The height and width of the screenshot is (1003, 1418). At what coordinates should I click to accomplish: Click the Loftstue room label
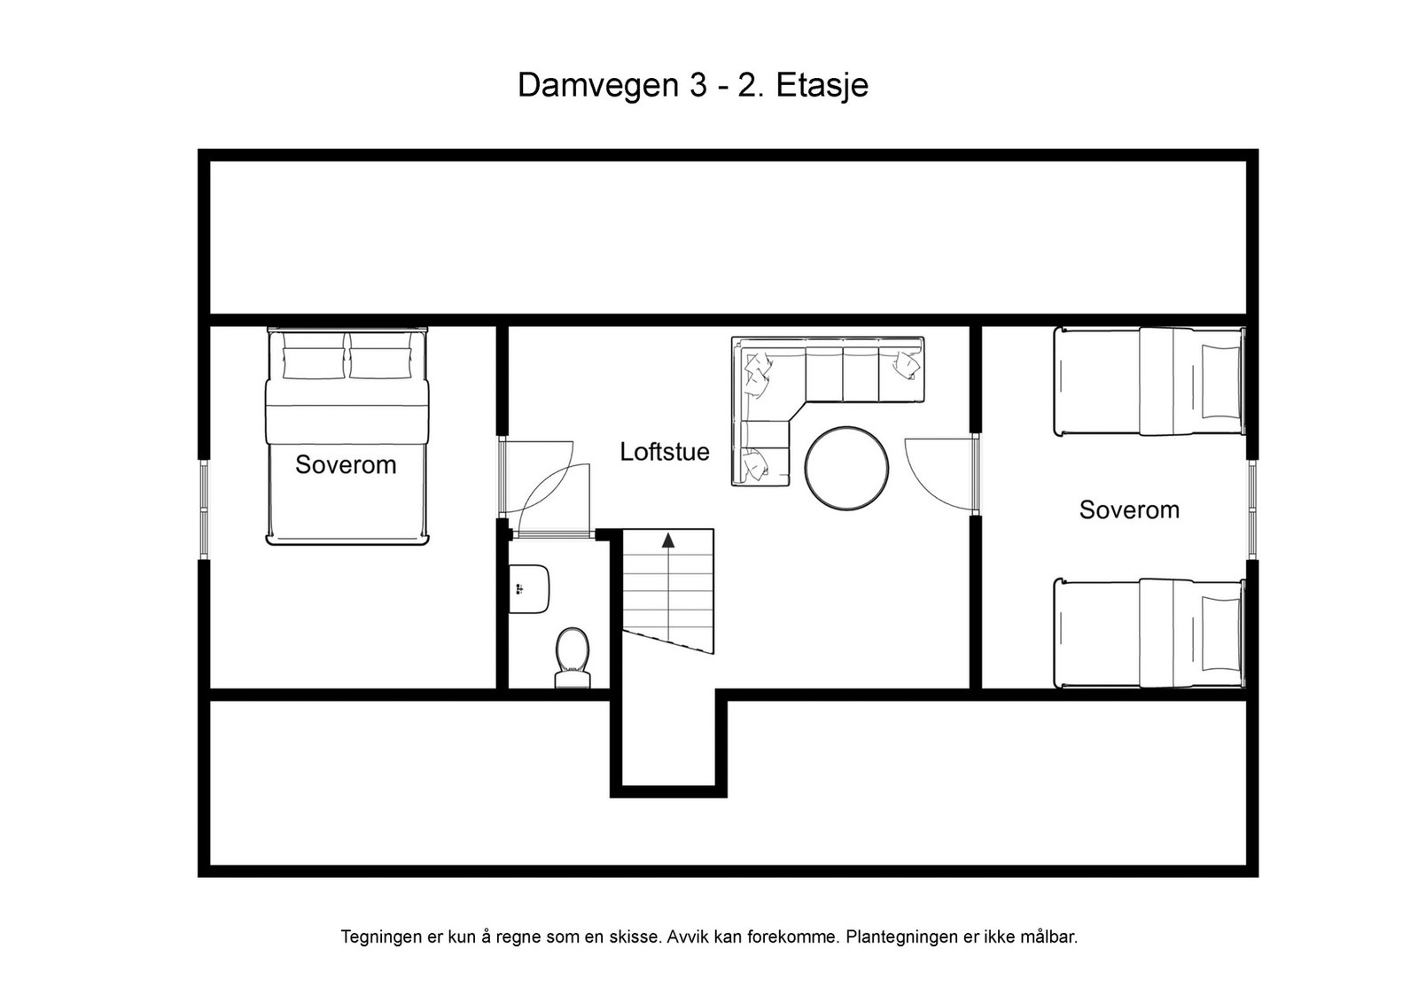click(664, 452)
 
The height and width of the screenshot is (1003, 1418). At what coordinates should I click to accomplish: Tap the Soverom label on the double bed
click(346, 465)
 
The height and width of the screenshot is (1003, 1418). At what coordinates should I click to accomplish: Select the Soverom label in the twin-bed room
click(1129, 510)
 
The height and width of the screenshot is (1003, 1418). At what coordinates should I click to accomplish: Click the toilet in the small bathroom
click(573, 657)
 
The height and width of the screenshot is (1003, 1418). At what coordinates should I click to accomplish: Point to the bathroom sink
click(529, 589)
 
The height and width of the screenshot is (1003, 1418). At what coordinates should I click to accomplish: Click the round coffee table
click(846, 469)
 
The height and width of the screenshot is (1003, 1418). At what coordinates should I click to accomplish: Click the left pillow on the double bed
click(314, 363)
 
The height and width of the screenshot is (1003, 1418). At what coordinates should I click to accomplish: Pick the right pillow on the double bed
click(380, 363)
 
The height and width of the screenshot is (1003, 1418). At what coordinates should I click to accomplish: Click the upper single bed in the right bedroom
click(1149, 381)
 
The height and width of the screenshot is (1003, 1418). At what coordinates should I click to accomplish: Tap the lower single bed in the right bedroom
click(1149, 633)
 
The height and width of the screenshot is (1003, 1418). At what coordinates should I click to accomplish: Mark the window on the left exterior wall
click(204, 509)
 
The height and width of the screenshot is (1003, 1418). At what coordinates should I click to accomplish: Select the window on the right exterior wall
click(1252, 509)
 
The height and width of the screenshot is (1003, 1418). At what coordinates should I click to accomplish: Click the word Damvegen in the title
click(598, 86)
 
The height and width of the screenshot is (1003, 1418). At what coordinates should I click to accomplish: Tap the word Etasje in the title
click(822, 86)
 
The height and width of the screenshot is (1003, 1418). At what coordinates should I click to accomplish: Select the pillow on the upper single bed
click(1220, 381)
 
